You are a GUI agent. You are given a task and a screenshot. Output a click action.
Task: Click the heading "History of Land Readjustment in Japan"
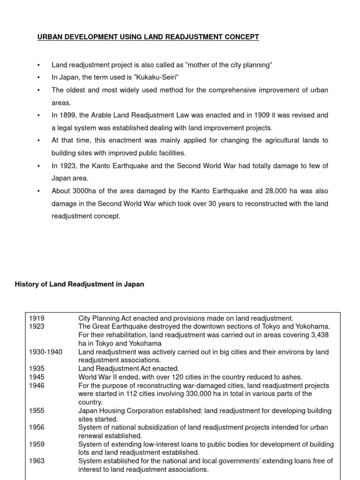pos(80,284)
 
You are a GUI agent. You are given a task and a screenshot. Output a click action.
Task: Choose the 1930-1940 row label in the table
pos(45,352)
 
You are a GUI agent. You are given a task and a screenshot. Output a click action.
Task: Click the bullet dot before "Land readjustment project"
pos(39,65)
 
